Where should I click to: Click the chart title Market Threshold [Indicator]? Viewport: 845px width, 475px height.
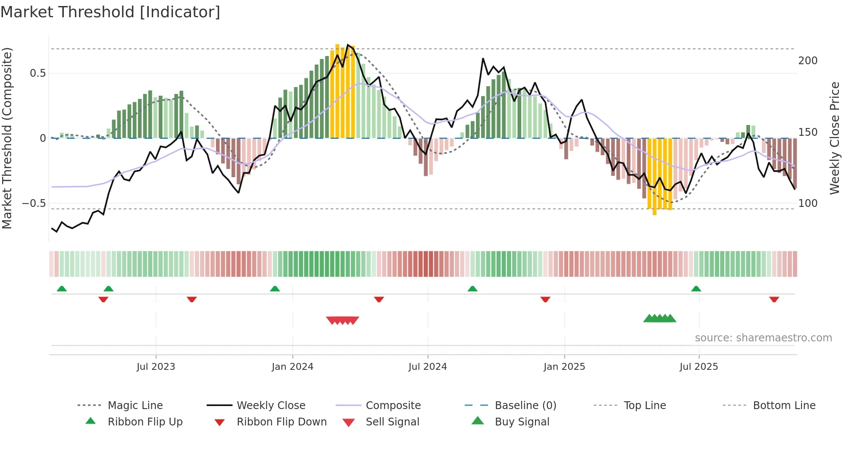click(x=110, y=12)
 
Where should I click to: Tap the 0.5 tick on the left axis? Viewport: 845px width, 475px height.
click(x=38, y=73)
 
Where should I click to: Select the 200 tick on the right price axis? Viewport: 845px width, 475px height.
click(x=807, y=61)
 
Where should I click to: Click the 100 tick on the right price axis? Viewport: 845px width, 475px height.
click(x=807, y=203)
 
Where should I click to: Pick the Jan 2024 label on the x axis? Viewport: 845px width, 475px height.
click(x=292, y=367)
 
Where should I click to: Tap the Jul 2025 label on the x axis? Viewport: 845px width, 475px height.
click(x=698, y=367)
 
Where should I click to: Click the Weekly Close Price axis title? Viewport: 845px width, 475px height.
click(x=835, y=138)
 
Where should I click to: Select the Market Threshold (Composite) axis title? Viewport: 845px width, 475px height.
click(x=7, y=138)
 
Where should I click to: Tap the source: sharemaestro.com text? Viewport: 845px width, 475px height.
click(x=763, y=338)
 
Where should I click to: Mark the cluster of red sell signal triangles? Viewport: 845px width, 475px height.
click(x=342, y=320)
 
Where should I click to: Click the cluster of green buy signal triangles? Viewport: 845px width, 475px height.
click(x=660, y=319)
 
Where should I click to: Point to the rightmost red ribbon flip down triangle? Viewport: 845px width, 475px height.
click(x=774, y=299)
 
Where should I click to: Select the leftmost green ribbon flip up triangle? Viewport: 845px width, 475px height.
click(x=62, y=289)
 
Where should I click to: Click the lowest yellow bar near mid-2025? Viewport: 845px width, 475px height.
click(x=654, y=211)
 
